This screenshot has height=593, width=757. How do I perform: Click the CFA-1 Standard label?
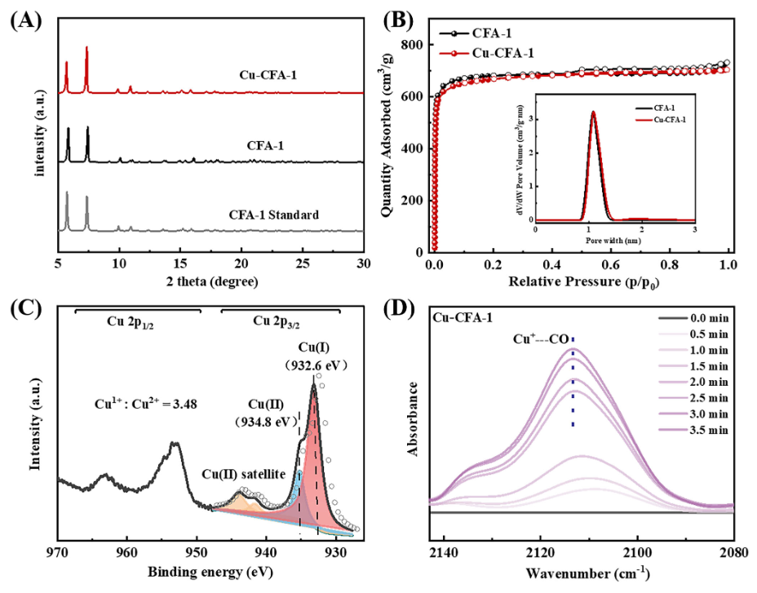(x=273, y=215)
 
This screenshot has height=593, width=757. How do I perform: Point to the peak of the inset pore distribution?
(x=593, y=112)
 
